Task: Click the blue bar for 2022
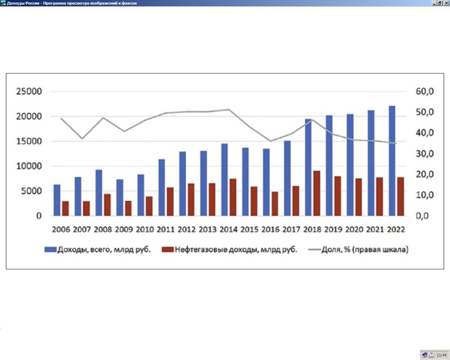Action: (391, 161)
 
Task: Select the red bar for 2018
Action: (317, 193)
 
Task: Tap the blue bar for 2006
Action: (57, 200)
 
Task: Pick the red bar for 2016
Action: (274, 204)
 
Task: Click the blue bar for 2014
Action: (224, 179)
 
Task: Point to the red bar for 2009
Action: (128, 209)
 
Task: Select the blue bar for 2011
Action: (161, 187)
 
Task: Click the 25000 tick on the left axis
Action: (29, 92)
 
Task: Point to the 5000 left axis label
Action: (31, 191)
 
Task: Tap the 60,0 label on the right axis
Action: (425, 92)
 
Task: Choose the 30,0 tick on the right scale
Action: (425, 154)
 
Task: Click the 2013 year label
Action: (208, 229)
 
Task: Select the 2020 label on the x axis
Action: (354, 229)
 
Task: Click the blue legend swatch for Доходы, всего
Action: (50, 250)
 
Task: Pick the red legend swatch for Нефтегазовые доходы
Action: (168, 250)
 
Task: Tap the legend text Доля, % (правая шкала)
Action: (364, 250)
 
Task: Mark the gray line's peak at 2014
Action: (228, 109)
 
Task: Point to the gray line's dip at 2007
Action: (82, 139)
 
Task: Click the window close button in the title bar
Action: (446, 3)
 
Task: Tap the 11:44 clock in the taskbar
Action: (442, 355)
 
